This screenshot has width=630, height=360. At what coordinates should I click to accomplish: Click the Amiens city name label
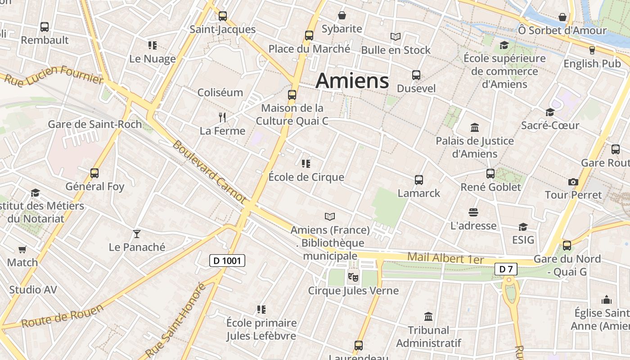[352, 81]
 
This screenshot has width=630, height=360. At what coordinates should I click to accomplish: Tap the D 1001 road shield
[227, 260]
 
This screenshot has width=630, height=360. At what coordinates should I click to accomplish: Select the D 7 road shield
[506, 269]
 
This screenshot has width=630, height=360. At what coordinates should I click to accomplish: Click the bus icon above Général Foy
[94, 173]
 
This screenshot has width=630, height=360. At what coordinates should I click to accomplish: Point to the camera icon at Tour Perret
[573, 182]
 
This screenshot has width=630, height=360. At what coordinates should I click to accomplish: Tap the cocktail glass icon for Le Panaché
[137, 234]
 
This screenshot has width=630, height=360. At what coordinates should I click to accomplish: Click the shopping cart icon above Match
[22, 249]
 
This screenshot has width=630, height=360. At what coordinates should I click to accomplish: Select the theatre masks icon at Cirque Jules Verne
[353, 277]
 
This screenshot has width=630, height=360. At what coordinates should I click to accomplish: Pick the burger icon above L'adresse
[473, 212]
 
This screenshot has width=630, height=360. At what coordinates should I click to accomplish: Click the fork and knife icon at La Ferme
[222, 117]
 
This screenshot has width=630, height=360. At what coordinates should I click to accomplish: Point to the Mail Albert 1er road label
[445, 259]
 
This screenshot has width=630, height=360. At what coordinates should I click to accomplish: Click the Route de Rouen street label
[62, 316]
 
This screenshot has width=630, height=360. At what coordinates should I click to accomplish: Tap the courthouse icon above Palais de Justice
[474, 127]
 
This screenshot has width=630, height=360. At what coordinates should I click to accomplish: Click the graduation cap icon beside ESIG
[523, 227]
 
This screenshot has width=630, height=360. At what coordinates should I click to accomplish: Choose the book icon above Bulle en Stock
[396, 36]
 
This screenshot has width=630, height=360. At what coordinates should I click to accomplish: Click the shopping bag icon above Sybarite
[342, 16]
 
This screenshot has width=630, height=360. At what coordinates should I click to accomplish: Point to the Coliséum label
[220, 92]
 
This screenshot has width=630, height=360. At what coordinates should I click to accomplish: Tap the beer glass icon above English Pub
[592, 50]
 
